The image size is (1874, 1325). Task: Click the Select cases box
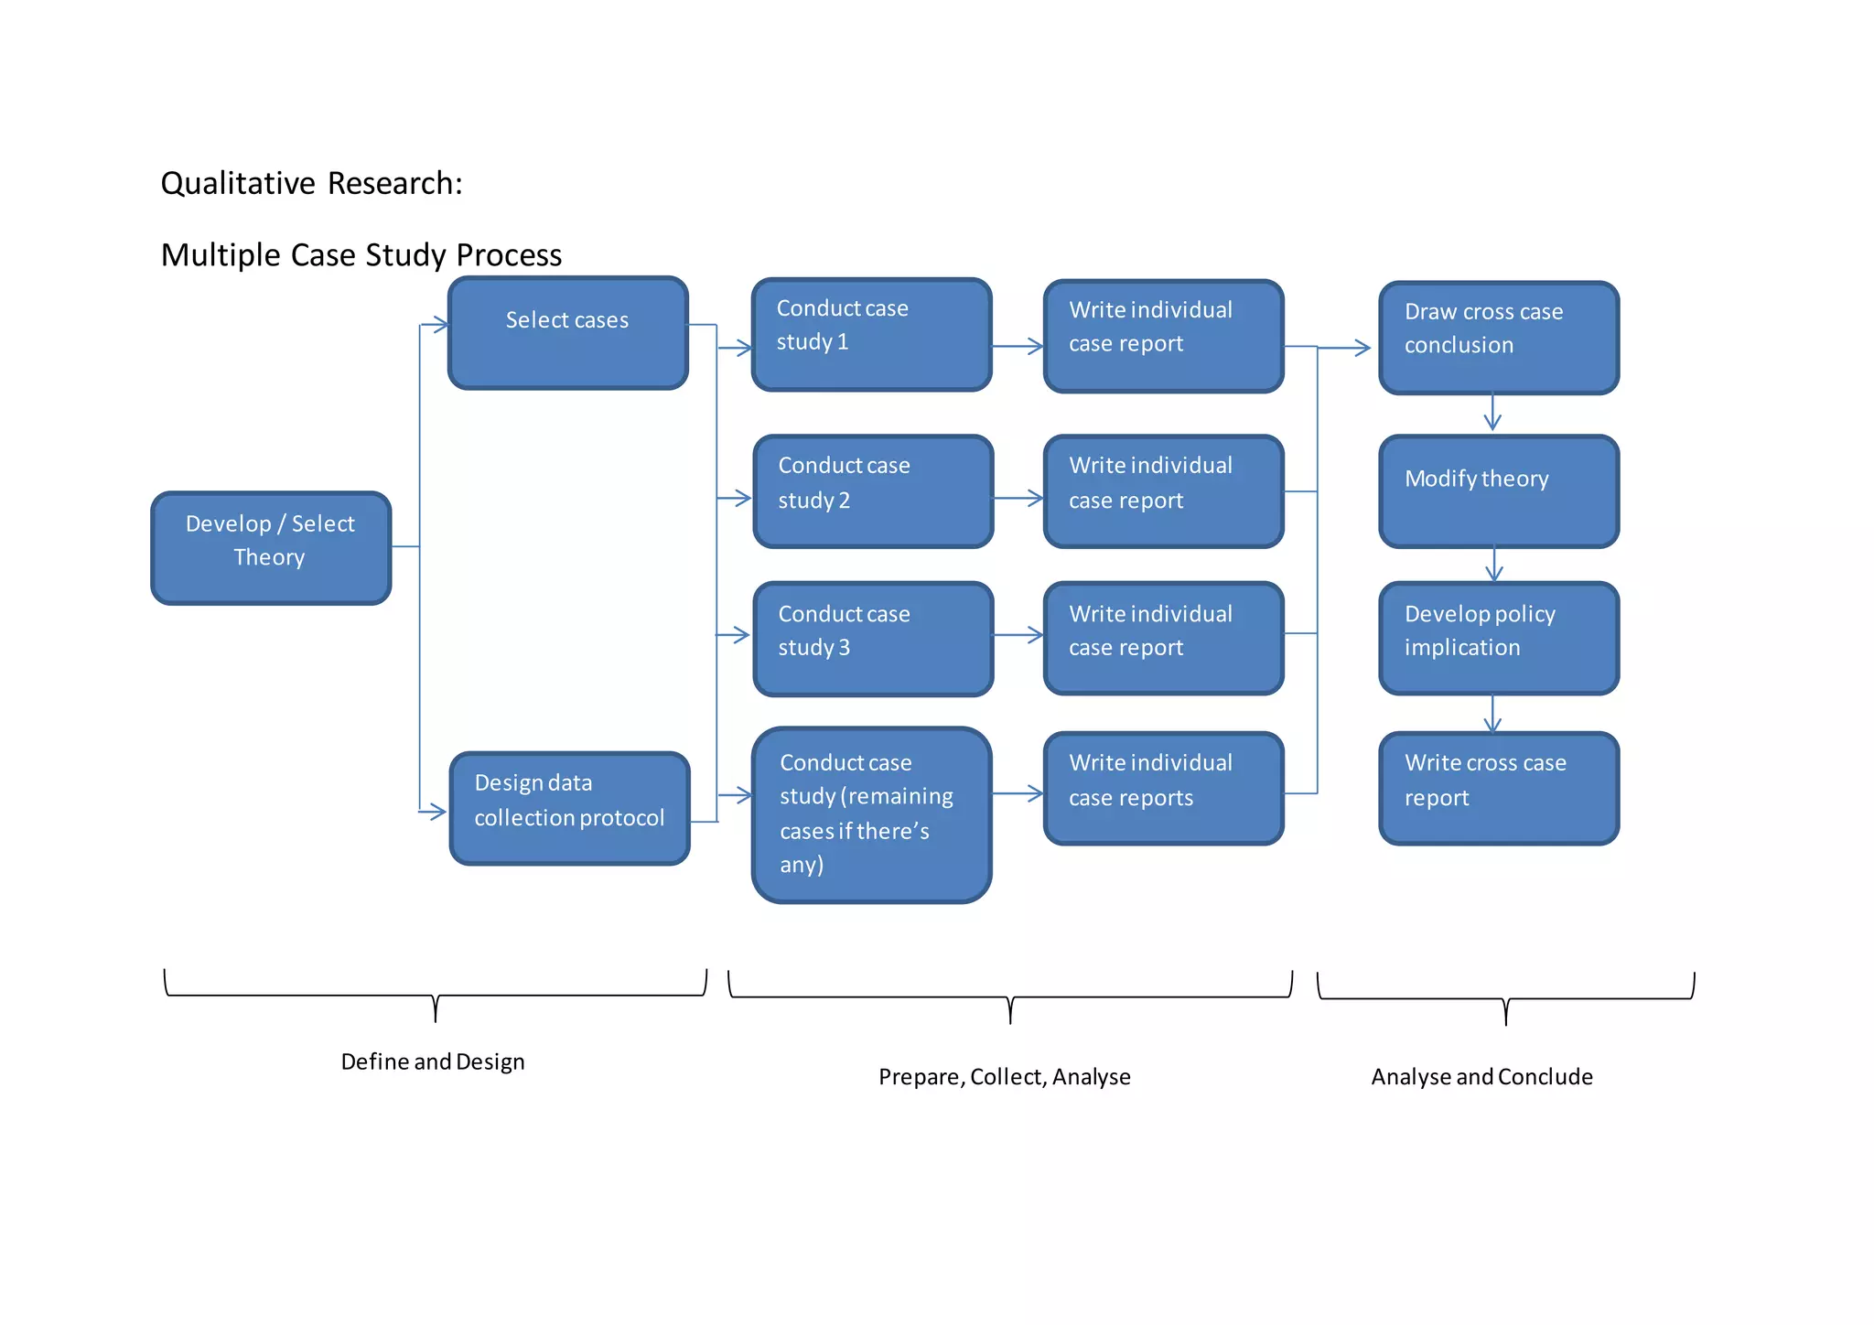click(x=567, y=333)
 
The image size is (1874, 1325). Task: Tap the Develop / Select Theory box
click(x=271, y=548)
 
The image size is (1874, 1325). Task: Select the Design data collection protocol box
click(x=569, y=808)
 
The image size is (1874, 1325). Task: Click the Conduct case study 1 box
click(x=871, y=335)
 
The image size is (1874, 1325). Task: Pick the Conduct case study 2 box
click(x=873, y=491)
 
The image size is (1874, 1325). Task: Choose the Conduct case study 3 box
click(x=873, y=639)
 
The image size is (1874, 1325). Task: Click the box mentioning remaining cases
click(x=871, y=814)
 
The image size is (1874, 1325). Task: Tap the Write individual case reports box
click(x=1163, y=788)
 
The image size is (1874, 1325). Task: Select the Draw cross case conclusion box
click(x=1498, y=338)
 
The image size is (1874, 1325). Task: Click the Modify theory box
click(x=1498, y=491)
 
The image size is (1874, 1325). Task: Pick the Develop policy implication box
click(x=1498, y=638)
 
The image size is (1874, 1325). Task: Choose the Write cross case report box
click(x=1498, y=788)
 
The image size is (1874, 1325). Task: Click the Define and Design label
click(x=433, y=1061)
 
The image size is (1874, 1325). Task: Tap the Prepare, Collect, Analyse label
click(x=1004, y=1077)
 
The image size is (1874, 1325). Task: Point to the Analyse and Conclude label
click(x=1481, y=1077)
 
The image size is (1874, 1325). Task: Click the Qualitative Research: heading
click(x=311, y=184)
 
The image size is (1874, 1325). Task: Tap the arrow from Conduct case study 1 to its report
click(x=1018, y=346)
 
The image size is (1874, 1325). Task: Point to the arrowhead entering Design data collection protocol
click(x=436, y=811)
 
